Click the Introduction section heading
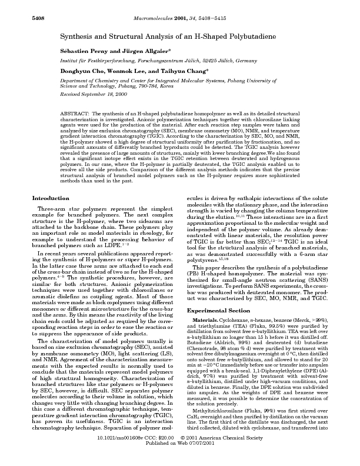coord(49,198)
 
